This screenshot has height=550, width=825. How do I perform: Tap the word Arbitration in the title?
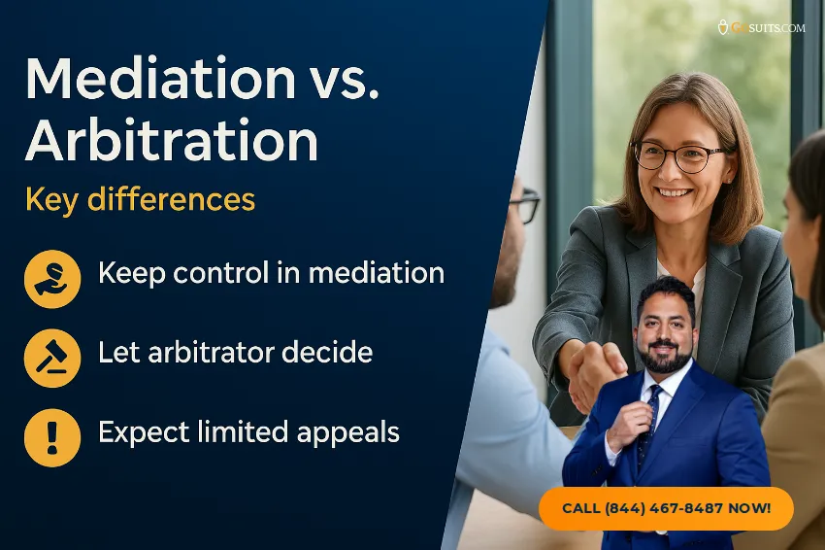(x=172, y=141)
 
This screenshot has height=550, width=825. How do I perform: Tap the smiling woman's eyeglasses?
(x=678, y=155)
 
